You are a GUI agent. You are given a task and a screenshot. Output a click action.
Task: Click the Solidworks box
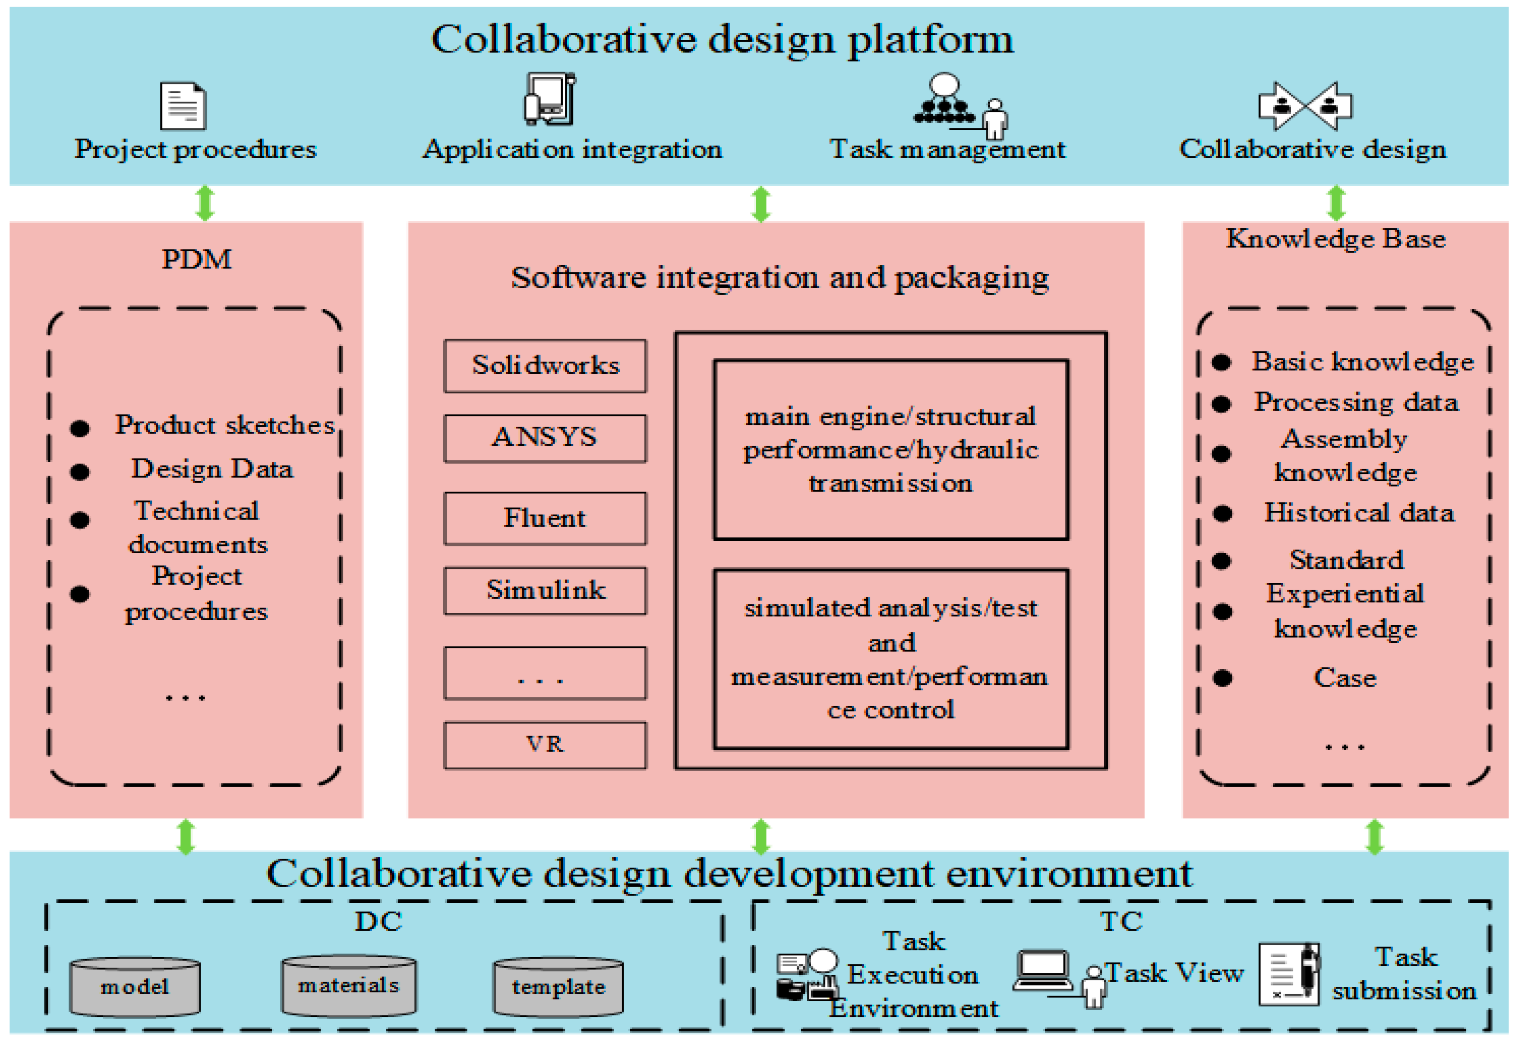pyautogui.click(x=545, y=366)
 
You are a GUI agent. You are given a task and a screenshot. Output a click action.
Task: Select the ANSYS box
pyautogui.click(x=545, y=438)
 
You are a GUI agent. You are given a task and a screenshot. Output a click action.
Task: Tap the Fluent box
pyautogui.click(x=545, y=518)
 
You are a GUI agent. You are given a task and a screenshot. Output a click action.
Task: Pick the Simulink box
pyautogui.click(x=545, y=590)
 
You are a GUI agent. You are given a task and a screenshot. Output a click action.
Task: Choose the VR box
pyautogui.click(x=545, y=745)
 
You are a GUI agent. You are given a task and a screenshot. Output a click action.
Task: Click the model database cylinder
pyautogui.click(x=134, y=987)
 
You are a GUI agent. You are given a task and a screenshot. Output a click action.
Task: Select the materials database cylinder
pyautogui.click(x=348, y=986)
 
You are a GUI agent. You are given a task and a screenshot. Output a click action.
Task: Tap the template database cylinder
pyautogui.click(x=558, y=987)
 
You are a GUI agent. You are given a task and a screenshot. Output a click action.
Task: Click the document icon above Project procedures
pyautogui.click(x=183, y=106)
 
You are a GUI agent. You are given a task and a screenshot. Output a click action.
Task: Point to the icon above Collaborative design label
pyautogui.click(x=1305, y=106)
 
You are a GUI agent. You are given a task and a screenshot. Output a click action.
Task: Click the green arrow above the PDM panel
pyautogui.click(x=205, y=203)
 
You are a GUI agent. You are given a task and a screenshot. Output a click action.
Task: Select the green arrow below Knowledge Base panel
pyautogui.click(x=1375, y=837)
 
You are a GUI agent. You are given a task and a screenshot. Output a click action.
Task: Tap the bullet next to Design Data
pyautogui.click(x=80, y=472)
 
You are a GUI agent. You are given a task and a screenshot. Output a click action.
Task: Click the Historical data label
pyautogui.click(x=1359, y=512)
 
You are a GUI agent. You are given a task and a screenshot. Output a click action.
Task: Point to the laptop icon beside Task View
pyautogui.click(x=1043, y=970)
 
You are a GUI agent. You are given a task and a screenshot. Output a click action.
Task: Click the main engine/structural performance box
pyautogui.click(x=890, y=450)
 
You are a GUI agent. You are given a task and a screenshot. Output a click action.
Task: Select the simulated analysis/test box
pyautogui.click(x=890, y=659)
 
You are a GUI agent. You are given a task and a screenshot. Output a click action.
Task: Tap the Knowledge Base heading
pyautogui.click(x=1335, y=239)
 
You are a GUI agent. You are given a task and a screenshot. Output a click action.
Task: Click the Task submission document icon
pyautogui.click(x=1289, y=974)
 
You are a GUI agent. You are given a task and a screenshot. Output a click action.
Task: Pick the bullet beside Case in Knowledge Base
pyautogui.click(x=1222, y=678)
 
